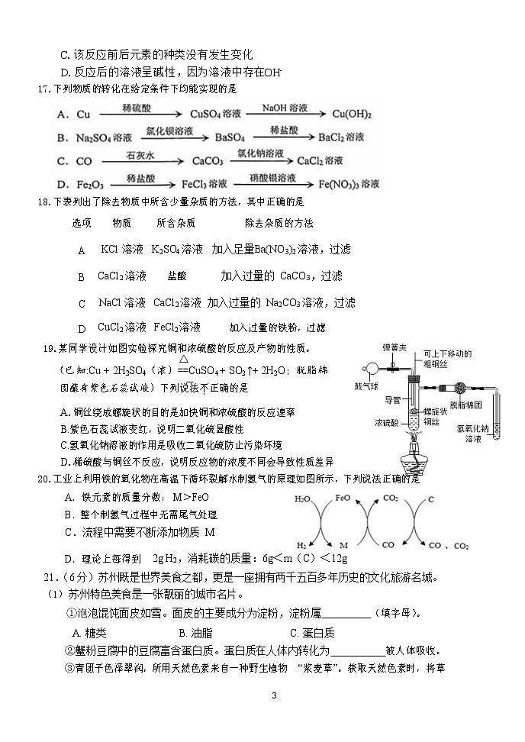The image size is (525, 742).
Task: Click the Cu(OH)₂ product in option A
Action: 353,115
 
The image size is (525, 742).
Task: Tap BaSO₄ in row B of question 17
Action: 230,138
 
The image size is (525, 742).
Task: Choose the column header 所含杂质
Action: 176,223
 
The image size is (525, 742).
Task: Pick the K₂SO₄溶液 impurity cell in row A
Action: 177,250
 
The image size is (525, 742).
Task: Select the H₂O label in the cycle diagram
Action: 302,498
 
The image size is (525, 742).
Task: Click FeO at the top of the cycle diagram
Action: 343,498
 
